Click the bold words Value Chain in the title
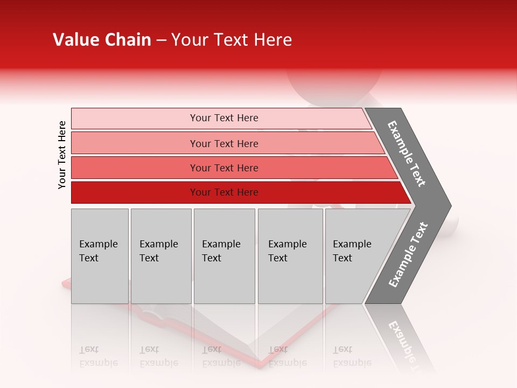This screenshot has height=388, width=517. pyautogui.click(x=102, y=40)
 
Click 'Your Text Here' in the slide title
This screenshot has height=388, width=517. pyautogui.click(x=232, y=40)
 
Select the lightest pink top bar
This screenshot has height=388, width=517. pyautogui.click(x=135, y=118)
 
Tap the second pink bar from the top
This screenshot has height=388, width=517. pyautogui.click(x=135, y=143)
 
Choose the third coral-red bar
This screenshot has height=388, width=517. pyautogui.click(x=135, y=168)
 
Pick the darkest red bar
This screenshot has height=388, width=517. pyautogui.click(x=135, y=192)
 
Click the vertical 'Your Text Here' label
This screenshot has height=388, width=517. pyautogui.click(x=62, y=155)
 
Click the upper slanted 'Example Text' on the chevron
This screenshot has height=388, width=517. pyautogui.click(x=407, y=154)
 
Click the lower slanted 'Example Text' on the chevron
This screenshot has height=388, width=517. pyautogui.click(x=408, y=254)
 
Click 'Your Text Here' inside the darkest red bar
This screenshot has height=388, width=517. pyautogui.click(x=224, y=192)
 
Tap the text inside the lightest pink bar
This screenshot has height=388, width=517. pyautogui.click(x=224, y=118)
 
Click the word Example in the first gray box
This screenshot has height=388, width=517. pyautogui.click(x=98, y=244)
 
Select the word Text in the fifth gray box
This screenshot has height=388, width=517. pyautogui.click(x=343, y=258)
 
